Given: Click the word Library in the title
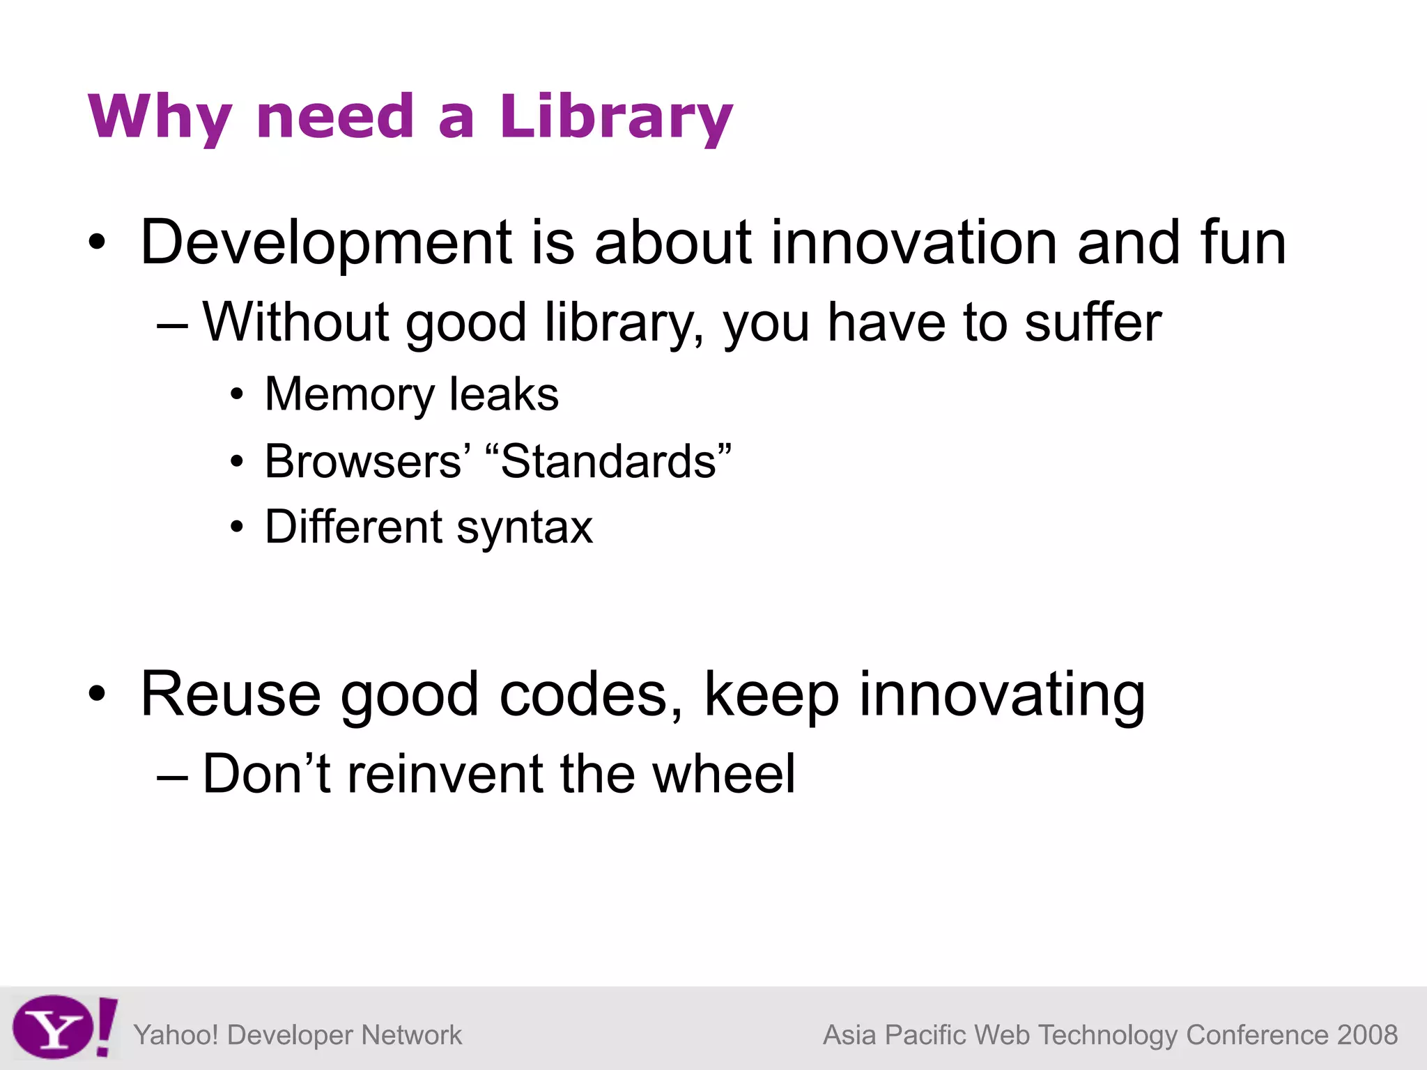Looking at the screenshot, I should [616, 116].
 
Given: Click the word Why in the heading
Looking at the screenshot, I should [160, 116].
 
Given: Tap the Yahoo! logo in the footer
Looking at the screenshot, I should [64, 1027].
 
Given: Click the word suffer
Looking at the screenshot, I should [1093, 322].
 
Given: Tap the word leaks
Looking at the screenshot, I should [504, 394].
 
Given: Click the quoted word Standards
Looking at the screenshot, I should [608, 461].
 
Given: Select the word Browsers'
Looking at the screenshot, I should [367, 461].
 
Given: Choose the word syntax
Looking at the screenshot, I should [525, 527].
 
